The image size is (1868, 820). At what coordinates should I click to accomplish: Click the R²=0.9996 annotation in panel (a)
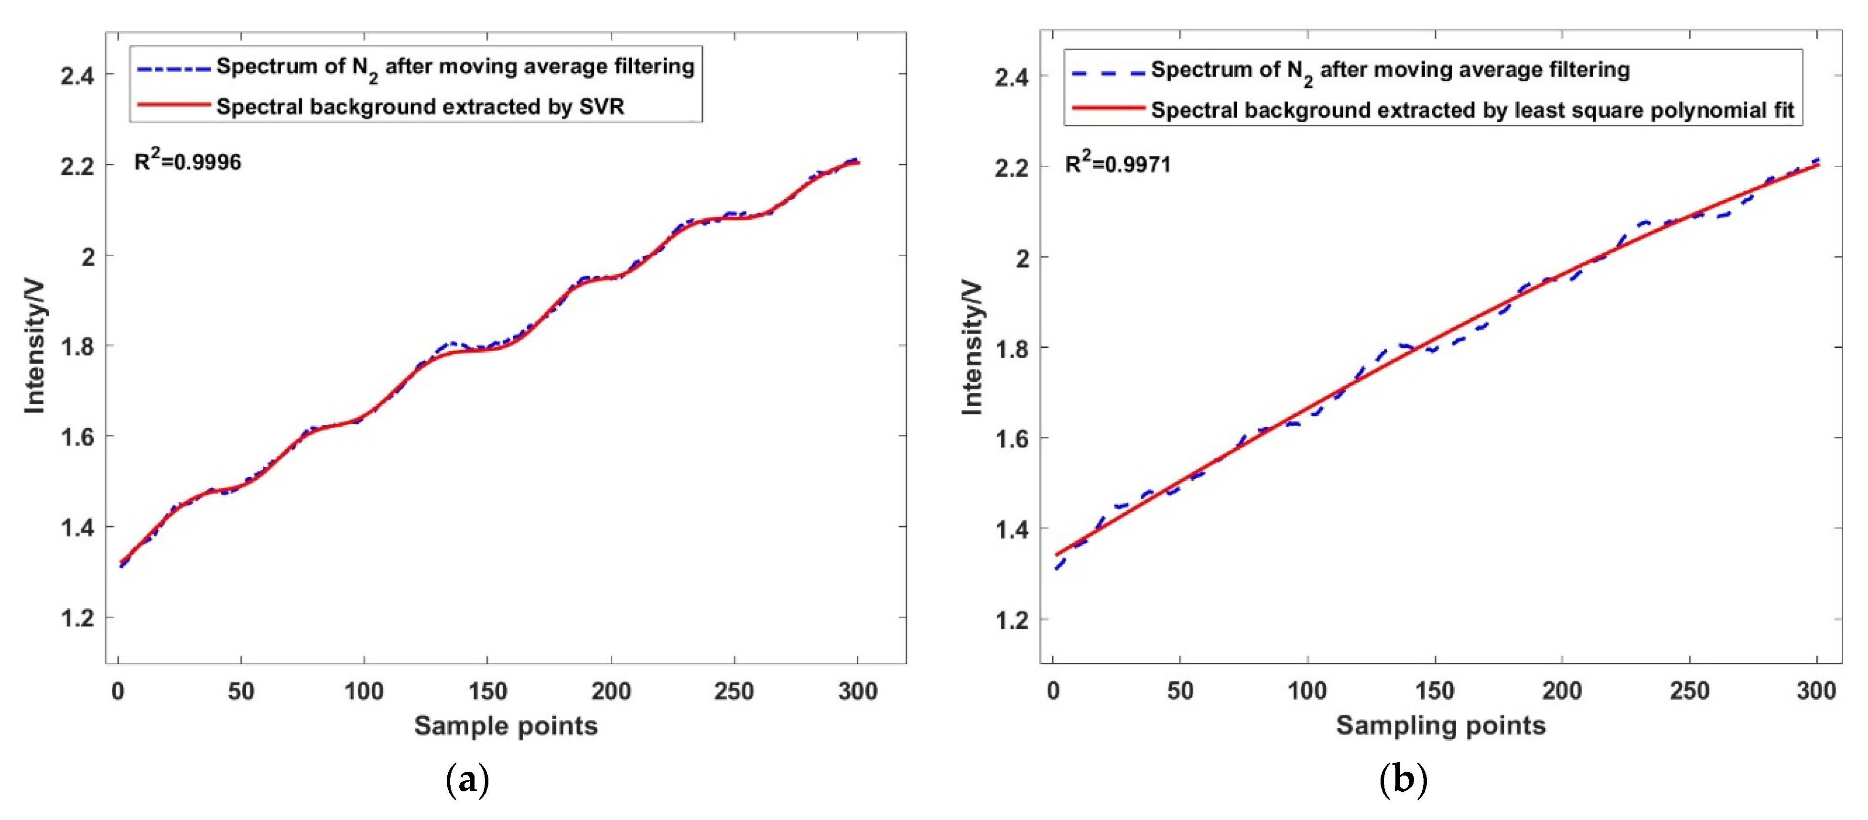[187, 161]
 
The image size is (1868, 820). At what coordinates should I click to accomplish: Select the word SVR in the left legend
[601, 107]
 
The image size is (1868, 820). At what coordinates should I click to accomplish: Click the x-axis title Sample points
[506, 726]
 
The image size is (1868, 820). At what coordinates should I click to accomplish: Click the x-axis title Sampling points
[1440, 726]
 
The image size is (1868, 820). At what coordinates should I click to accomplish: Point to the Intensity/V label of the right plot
[971, 348]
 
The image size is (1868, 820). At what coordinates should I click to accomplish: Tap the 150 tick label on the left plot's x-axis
[487, 691]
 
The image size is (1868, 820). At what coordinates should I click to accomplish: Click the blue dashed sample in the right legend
[1107, 72]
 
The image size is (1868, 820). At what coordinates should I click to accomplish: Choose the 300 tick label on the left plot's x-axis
[857, 691]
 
